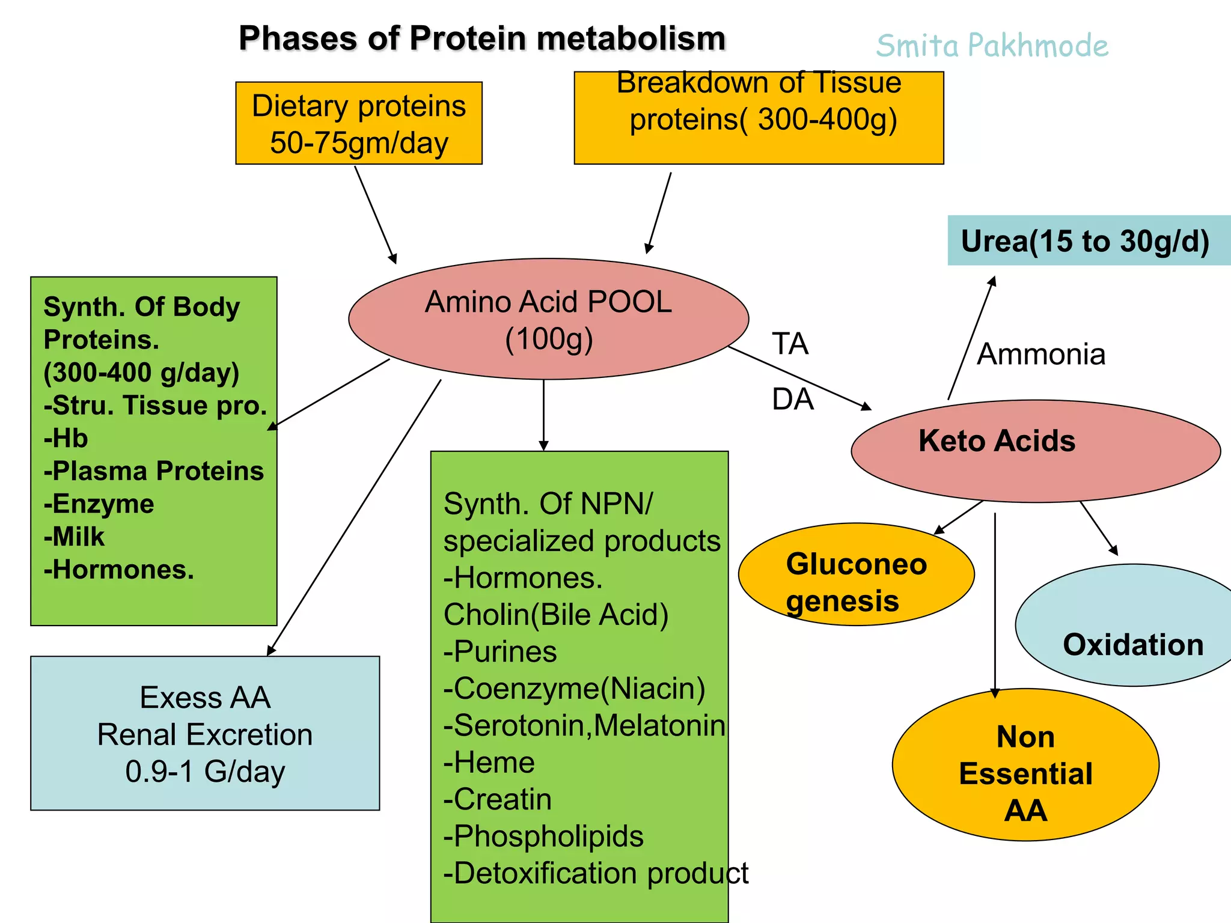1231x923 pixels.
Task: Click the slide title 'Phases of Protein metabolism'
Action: [482, 38]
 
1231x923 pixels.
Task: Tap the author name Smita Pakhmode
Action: [992, 46]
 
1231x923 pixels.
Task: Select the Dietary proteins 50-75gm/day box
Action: [359, 124]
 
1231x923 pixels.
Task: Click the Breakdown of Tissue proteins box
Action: [759, 118]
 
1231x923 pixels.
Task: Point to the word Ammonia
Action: [1041, 355]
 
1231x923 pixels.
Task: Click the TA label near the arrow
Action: [790, 344]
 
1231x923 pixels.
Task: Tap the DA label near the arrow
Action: [792, 400]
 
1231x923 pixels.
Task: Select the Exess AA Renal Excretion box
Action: [205, 734]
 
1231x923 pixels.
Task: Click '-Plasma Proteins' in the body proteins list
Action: [154, 471]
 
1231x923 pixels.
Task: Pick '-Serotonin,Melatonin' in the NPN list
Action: [584, 725]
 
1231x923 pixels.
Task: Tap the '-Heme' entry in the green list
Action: [489, 763]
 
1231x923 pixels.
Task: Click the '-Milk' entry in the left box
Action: [75, 537]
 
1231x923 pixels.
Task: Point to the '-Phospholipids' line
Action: [543, 836]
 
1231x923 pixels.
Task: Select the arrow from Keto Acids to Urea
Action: [971, 338]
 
